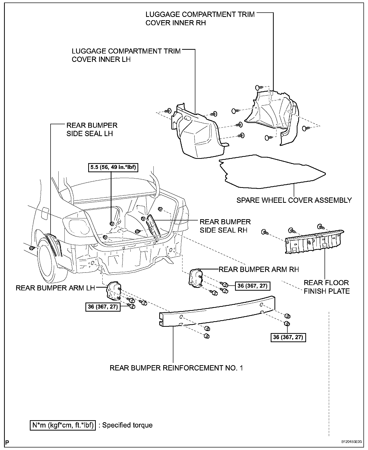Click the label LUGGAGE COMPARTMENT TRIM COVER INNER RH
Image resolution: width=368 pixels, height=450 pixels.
pyautogui.click(x=200, y=18)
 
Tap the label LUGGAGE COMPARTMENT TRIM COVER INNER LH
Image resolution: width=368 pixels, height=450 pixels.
pyautogui.click(x=126, y=55)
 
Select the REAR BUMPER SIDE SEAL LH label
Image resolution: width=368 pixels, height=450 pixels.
pyautogui.click(x=92, y=130)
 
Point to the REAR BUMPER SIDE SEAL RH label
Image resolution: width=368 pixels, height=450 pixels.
pyautogui.click(x=225, y=226)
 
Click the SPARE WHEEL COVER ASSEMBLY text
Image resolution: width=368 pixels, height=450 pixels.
pyautogui.click(x=294, y=200)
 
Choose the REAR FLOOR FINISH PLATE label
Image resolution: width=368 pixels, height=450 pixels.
pyautogui.click(x=327, y=287)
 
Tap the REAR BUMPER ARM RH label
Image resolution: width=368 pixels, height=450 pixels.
pyautogui.click(x=259, y=269)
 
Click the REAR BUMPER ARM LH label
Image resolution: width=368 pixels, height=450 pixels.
pyautogui.click(x=55, y=288)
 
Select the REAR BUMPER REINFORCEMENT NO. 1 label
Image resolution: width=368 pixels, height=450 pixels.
pyautogui.click(x=176, y=368)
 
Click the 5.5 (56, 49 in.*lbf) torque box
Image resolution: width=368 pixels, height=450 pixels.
pyautogui.click(x=113, y=167)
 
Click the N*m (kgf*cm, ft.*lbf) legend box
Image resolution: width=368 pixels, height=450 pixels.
pyautogui.click(x=63, y=425)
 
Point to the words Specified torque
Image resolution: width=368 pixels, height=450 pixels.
pyautogui.click(x=127, y=425)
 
